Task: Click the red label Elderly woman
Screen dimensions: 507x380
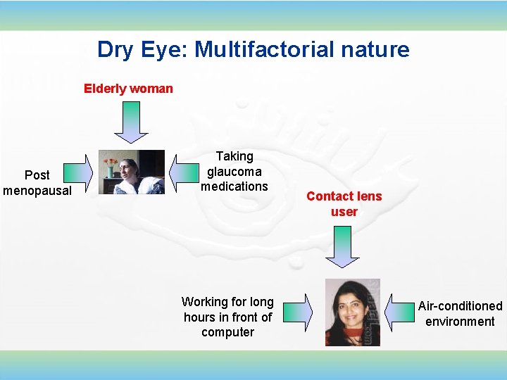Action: pos(128,89)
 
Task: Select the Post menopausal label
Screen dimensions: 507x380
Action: pos(37,182)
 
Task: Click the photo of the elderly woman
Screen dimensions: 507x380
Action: pos(131,172)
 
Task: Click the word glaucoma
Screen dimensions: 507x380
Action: pos(234,171)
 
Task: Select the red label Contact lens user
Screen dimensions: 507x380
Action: pos(344,204)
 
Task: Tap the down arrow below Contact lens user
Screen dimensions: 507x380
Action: pos(343,246)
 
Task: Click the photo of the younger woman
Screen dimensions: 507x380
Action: pos(352,312)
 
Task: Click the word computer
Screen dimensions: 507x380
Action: pos(227,332)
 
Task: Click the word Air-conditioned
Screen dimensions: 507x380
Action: pos(460,306)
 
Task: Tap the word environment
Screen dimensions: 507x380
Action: pos(460,322)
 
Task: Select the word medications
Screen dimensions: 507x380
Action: pos(234,186)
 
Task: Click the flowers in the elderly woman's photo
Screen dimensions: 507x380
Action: pos(110,164)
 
